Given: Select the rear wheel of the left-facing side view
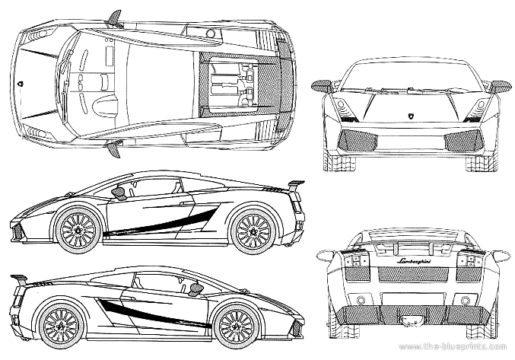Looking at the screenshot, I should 252,229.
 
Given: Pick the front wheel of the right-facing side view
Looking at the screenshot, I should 235,324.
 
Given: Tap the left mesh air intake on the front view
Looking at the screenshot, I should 356,139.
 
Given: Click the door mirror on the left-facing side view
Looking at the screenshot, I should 119,193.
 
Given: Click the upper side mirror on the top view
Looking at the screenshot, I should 115,17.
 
